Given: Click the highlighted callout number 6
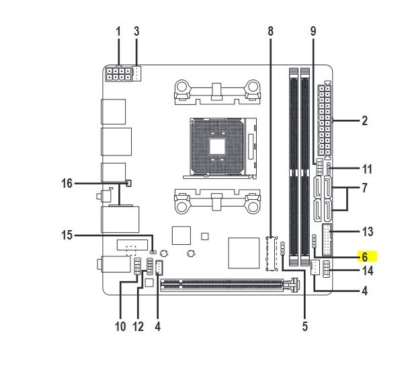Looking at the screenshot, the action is point(364,257).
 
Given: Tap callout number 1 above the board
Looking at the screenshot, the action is point(118,32).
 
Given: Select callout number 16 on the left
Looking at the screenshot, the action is point(67,183).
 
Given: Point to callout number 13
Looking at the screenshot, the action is point(368,231).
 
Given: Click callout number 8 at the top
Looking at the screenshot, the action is point(271,31).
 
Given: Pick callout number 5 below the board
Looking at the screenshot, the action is point(305,326).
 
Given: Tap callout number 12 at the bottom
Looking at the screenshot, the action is point(138,326).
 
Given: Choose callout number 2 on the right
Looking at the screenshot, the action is point(364,121).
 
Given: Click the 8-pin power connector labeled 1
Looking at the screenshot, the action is point(118,74).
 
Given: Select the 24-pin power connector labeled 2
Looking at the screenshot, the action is point(325,120).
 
